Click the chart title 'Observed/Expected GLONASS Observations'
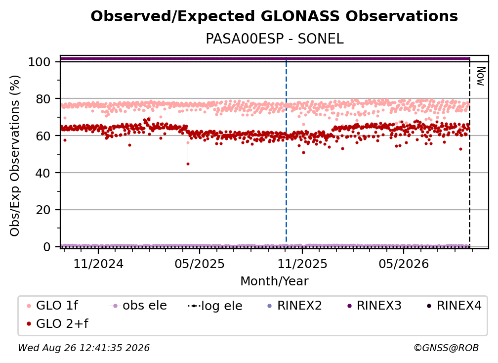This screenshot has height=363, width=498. (x=274, y=16)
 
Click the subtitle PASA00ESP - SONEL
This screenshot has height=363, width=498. (x=274, y=39)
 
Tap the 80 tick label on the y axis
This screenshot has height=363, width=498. (x=43, y=99)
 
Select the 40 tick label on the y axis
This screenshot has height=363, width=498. (x=43, y=173)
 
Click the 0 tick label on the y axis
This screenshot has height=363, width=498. (x=47, y=247)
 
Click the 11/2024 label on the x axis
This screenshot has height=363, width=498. (x=98, y=264)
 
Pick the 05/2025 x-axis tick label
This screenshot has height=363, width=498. (x=200, y=264)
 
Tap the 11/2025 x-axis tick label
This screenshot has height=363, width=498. (x=302, y=264)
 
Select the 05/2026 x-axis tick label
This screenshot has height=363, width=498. (x=404, y=264)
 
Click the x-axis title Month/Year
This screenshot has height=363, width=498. (x=274, y=281)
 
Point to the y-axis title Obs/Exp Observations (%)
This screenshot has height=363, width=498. (x=15, y=156)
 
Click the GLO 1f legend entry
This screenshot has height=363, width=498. (x=52, y=306)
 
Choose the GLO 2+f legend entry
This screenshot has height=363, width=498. (x=57, y=323)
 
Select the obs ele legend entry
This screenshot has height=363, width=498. (x=138, y=306)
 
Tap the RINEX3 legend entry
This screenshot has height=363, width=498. (x=374, y=306)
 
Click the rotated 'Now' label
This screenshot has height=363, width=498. (x=481, y=76)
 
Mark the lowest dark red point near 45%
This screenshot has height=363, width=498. (x=188, y=164)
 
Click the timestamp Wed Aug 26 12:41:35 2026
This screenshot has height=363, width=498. (x=83, y=348)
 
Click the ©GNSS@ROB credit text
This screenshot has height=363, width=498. (x=446, y=348)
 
